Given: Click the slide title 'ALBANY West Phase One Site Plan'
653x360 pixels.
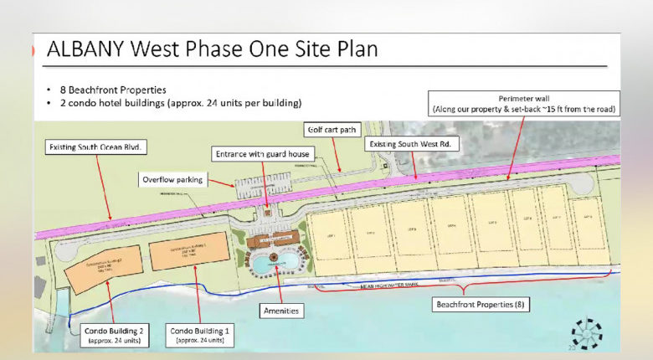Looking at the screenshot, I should pos(212,49).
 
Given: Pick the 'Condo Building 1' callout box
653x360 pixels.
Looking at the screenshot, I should pos(198,335).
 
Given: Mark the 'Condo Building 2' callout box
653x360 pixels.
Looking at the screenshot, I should pos(114,335).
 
